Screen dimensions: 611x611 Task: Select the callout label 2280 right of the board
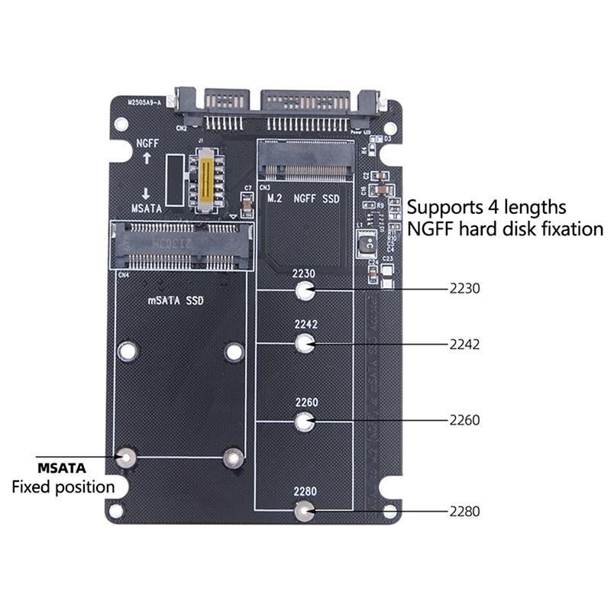464,512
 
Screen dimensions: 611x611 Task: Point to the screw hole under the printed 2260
305,420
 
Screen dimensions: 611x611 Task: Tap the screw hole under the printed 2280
305,511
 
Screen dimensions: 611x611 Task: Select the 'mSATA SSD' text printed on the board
176,301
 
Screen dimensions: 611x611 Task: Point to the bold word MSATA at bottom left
62,467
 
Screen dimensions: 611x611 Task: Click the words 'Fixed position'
63,487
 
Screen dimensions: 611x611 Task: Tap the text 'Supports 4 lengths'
486,207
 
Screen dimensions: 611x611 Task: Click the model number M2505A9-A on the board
144,102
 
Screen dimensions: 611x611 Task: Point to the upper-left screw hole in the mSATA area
128,351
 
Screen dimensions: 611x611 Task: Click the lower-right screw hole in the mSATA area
233,457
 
